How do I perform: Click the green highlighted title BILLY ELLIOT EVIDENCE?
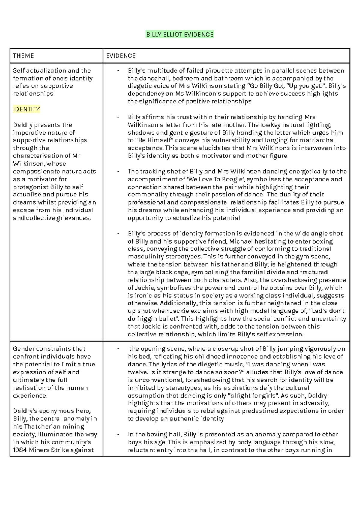180,34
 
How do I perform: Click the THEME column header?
23,56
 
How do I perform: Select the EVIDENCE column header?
121,56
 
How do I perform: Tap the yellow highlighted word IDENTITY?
26,109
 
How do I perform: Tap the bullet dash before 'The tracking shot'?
118,172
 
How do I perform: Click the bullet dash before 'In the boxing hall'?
118,434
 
